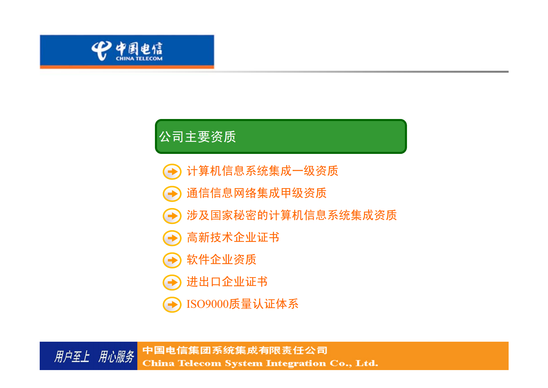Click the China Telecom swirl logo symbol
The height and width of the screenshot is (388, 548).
pyautogui.click(x=101, y=51)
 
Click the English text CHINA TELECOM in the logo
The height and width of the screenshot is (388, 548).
pyautogui.click(x=139, y=59)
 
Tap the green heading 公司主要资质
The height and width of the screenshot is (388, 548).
pyautogui.click(x=198, y=137)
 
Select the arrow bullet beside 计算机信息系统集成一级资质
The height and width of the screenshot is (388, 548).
pyautogui.click(x=172, y=172)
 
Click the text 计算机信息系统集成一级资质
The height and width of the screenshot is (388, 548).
pyautogui.click(x=263, y=171)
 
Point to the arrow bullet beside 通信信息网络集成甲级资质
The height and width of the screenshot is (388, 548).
pyautogui.click(x=172, y=194)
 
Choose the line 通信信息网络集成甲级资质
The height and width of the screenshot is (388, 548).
pyautogui.click(x=257, y=193)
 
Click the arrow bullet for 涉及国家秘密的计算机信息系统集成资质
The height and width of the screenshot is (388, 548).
pyautogui.click(x=172, y=216)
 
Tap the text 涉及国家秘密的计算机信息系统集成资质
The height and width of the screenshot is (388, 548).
pyautogui.click(x=292, y=215)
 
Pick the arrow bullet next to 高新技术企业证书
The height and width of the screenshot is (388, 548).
pyautogui.click(x=172, y=238)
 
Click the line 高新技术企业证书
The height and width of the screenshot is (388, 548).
pyautogui.click(x=233, y=237)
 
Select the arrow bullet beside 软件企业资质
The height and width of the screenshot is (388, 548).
pyautogui.click(x=172, y=260)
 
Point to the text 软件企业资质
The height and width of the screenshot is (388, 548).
pyautogui.click(x=221, y=259)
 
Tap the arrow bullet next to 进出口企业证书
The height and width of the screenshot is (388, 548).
pyautogui.click(x=172, y=282)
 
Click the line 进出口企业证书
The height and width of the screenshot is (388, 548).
pyautogui.click(x=227, y=282)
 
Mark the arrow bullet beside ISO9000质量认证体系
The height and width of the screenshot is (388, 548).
pyautogui.click(x=172, y=305)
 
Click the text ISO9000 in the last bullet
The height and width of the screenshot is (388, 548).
pyautogui.click(x=208, y=304)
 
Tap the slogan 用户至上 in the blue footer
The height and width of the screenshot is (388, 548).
pyautogui.click(x=72, y=356)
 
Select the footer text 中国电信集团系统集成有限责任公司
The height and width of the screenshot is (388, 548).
pyautogui.click(x=235, y=350)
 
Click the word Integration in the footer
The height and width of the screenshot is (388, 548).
pyautogui.click(x=296, y=363)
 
